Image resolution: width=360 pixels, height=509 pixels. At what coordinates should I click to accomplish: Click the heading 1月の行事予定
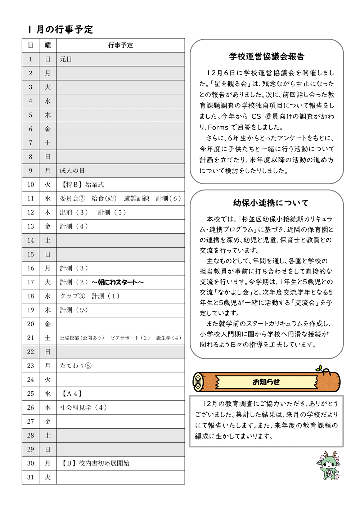pos(60,29)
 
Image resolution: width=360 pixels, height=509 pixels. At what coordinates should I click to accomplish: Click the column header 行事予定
pos(121,45)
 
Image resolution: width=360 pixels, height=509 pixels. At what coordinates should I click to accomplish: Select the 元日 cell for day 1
pos(66,59)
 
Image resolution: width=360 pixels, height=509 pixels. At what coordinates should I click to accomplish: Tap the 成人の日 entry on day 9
pos(72,171)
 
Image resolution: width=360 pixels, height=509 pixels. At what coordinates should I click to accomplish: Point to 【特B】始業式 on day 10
pos(83,185)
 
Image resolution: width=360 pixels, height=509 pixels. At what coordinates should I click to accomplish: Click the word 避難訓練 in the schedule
pos(136,199)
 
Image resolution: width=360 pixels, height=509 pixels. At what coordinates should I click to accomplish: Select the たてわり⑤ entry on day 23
pos(76,366)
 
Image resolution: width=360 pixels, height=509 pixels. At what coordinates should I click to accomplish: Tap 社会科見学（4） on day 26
pos(83,407)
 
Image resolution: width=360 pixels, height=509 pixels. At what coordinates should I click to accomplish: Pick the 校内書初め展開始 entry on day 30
pos(104,463)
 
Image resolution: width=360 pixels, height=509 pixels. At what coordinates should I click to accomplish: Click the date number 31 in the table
pos(31,477)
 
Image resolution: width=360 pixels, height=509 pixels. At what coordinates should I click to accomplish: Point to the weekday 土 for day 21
pos(48,338)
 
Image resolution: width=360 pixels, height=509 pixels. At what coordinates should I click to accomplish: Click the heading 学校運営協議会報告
pos(267,57)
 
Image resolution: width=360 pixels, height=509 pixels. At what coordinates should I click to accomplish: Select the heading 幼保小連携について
pos(271,203)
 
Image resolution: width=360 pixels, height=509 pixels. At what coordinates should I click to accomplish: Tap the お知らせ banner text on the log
pos(266,382)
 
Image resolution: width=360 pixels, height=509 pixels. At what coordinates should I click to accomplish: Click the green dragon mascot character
pos(328,466)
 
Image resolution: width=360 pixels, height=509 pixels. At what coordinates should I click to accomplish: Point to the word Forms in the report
pos(218,127)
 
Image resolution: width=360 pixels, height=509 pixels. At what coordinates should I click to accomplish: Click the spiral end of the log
pos(198,382)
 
